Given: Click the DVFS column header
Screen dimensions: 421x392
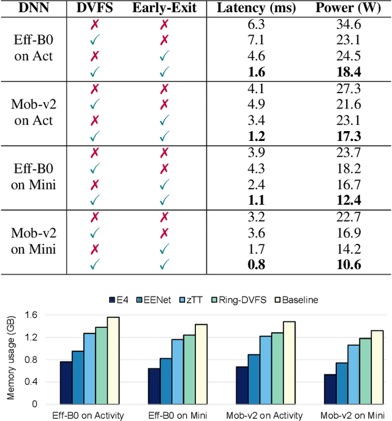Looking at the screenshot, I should (96, 9).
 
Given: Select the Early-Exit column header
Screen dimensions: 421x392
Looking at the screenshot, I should (164, 9).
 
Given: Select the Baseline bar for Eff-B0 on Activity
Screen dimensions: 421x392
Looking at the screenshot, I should (113, 360).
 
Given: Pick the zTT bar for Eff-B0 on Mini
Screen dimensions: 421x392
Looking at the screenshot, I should (178, 371).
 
